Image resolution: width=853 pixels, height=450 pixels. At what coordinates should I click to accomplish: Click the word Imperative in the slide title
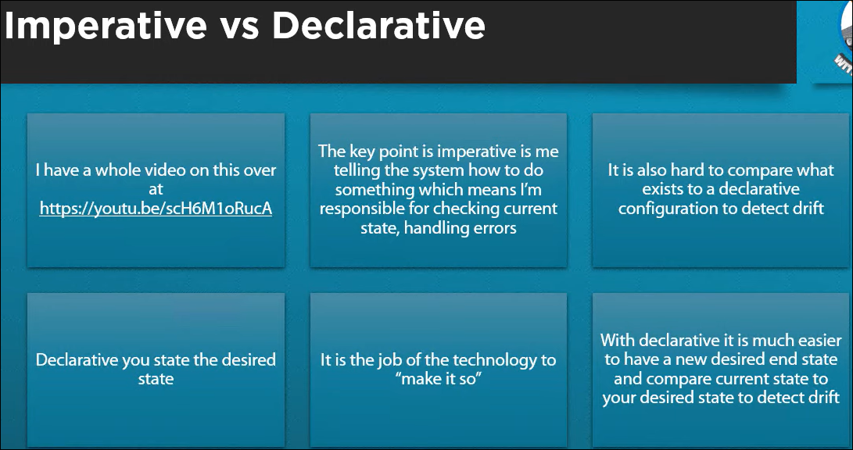point(106,26)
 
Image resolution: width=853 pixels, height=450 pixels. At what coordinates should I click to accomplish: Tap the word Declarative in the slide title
point(378,26)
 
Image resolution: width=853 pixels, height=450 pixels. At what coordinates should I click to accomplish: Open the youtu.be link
point(156,208)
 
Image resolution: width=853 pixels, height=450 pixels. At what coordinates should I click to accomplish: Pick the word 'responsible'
point(360,208)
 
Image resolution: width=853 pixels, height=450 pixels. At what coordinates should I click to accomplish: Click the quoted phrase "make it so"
point(439,379)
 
